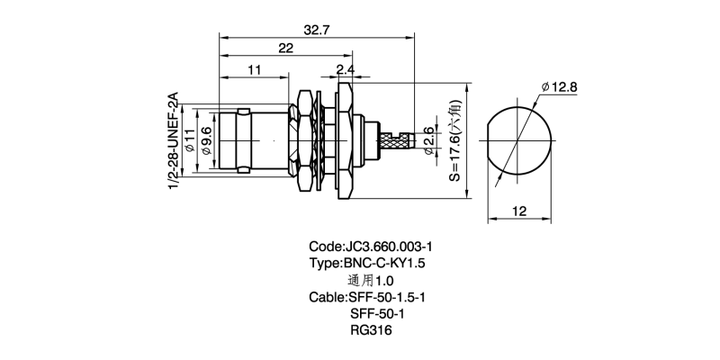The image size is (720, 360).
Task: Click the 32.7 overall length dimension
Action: [316, 30]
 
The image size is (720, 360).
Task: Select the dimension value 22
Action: [286, 49]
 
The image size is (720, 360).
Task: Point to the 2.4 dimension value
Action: [345, 69]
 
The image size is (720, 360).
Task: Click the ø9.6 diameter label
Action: [207, 142]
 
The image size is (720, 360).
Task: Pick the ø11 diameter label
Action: [190, 142]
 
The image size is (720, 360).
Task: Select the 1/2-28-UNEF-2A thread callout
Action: [173, 139]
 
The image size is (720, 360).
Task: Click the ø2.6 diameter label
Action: [428, 139]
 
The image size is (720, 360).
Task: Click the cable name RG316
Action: [370, 330]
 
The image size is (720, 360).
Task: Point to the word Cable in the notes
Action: [326, 297]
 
